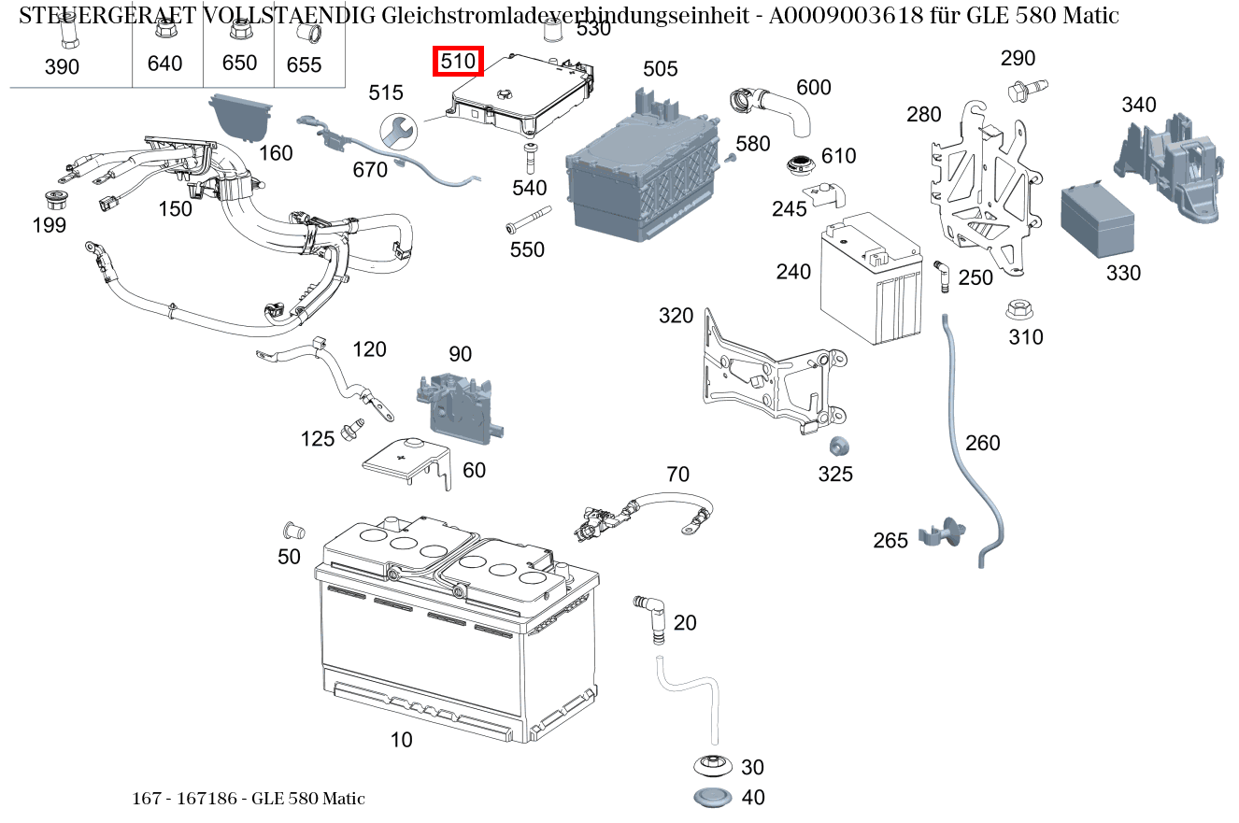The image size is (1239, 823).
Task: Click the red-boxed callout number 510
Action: point(459,62)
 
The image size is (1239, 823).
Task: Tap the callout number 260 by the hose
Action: point(982,443)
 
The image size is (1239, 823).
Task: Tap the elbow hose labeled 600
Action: point(775,105)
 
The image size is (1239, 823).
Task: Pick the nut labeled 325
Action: point(837,447)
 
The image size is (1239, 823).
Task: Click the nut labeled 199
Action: point(58,199)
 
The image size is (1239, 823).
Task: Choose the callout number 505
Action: point(661,69)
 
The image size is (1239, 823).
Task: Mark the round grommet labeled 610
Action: point(800,165)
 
